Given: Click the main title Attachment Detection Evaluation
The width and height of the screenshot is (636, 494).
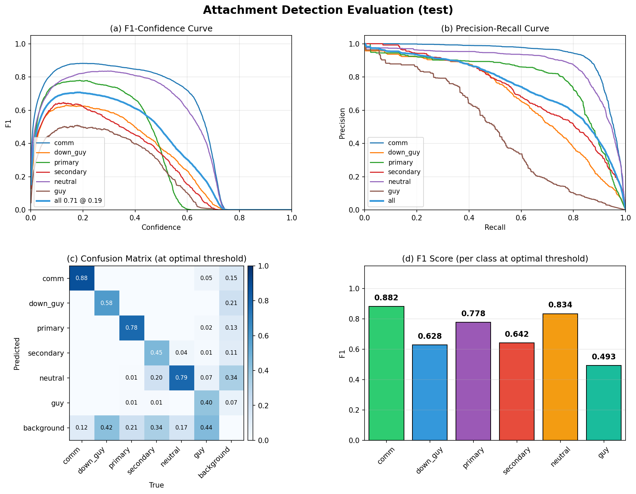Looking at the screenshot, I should pyautogui.click(x=328, y=10).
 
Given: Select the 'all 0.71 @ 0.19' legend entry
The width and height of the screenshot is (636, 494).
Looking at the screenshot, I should pyautogui.click(x=78, y=201).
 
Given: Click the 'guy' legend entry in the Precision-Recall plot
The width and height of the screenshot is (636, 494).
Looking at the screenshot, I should pyautogui.click(x=394, y=191).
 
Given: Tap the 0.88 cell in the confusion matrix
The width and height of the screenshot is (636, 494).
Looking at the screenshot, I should pyautogui.click(x=82, y=278).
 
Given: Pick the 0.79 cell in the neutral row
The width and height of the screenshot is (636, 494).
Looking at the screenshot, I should pyautogui.click(x=181, y=378).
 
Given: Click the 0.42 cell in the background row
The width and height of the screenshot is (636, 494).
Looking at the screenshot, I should pyautogui.click(x=107, y=428).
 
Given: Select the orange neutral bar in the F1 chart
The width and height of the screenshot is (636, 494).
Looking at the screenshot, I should pyautogui.click(x=560, y=377).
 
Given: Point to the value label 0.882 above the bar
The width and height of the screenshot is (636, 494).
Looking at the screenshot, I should pyautogui.click(x=386, y=298).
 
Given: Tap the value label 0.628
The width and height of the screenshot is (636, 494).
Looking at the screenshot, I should pyautogui.click(x=430, y=336).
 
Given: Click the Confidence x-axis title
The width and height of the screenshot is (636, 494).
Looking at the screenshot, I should pyautogui.click(x=161, y=227).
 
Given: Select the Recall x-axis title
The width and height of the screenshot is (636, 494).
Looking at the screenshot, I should pyautogui.click(x=495, y=227).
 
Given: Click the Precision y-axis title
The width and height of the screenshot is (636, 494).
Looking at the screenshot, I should pyautogui.click(x=342, y=123).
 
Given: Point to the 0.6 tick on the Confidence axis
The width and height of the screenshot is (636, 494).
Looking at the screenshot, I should pyautogui.click(x=187, y=218).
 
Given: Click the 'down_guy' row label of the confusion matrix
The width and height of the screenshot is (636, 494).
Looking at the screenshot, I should pyautogui.click(x=46, y=303).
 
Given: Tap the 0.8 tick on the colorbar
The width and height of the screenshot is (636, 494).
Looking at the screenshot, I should pyautogui.click(x=263, y=301).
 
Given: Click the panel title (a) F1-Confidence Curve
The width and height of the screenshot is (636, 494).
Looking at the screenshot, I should pyautogui.click(x=161, y=29).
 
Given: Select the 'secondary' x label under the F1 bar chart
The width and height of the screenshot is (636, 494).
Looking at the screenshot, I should pyautogui.click(x=517, y=461).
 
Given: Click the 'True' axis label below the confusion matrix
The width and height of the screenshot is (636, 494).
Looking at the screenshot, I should pyautogui.click(x=156, y=485).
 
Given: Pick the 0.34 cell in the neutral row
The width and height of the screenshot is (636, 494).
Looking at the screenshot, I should pyautogui.click(x=231, y=378).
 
